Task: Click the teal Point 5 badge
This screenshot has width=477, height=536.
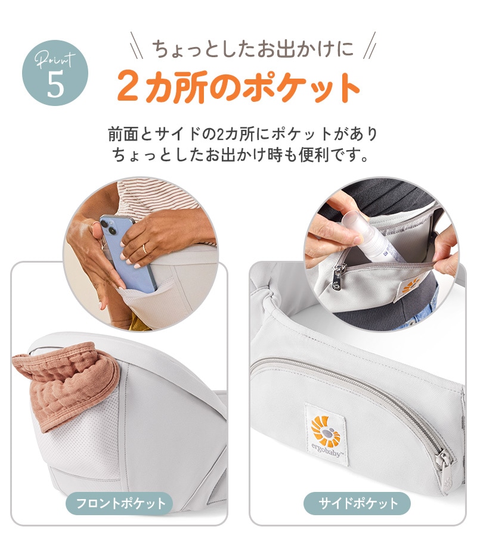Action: click(x=55, y=73)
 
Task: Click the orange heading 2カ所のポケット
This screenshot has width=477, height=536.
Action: click(x=238, y=87)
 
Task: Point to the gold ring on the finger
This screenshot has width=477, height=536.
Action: click(x=144, y=248)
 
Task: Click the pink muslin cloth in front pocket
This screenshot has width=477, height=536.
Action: click(x=66, y=387)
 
